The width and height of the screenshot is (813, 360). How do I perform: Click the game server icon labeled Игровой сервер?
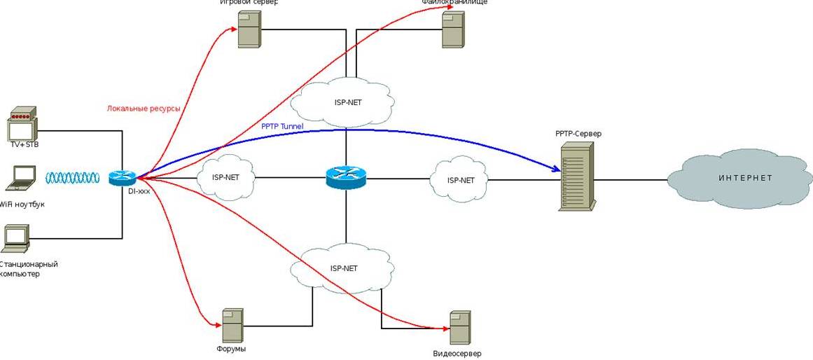point(249,29)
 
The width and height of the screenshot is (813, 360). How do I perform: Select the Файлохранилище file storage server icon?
point(453,29)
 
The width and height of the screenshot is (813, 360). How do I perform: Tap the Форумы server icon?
point(232,326)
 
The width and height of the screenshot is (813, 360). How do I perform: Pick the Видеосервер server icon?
point(460,328)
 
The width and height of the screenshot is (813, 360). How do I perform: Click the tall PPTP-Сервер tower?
point(577,176)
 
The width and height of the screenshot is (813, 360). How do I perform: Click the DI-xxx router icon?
point(123,179)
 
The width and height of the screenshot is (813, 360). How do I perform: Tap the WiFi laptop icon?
point(20,178)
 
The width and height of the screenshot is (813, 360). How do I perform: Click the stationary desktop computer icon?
point(17,239)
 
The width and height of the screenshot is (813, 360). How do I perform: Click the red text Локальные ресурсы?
point(144,109)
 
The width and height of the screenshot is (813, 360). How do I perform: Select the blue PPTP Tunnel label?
point(282,126)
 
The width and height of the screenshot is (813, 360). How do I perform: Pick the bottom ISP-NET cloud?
point(343,268)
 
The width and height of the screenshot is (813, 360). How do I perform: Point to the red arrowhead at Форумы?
point(216,323)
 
